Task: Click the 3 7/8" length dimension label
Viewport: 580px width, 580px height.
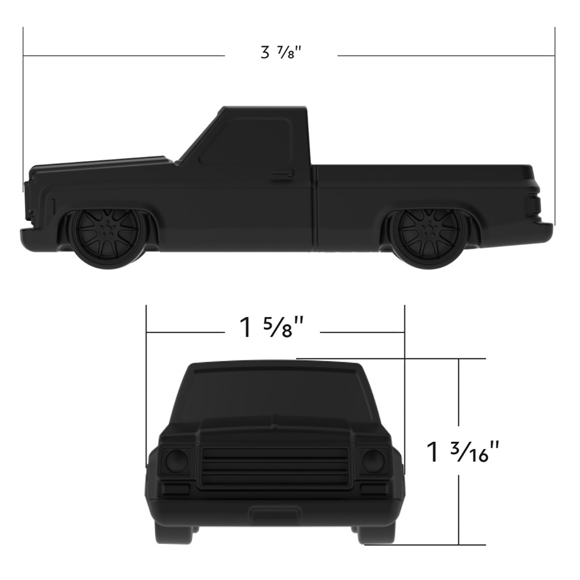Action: click(x=281, y=53)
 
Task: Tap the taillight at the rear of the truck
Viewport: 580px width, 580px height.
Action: click(x=533, y=205)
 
